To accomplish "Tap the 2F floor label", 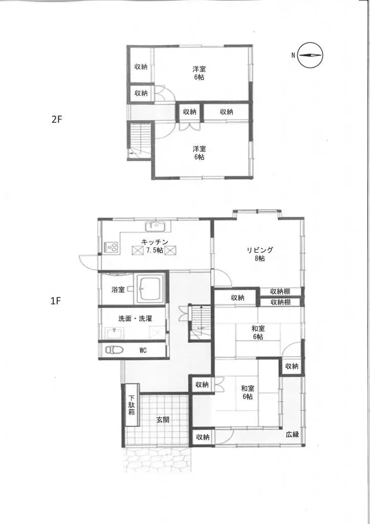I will pyautogui.click(x=56, y=120).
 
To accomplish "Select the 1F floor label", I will pyautogui.click(x=56, y=301).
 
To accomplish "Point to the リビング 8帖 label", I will pyautogui.click(x=259, y=254).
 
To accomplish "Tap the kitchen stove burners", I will pyautogui.click(x=112, y=248).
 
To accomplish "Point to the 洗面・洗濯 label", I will pyautogui.click(x=135, y=318).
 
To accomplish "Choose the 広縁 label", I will pyautogui.click(x=292, y=434).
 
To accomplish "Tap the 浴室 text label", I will pyautogui.click(x=118, y=290).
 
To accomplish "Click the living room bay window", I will pyautogui.click(x=256, y=211).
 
